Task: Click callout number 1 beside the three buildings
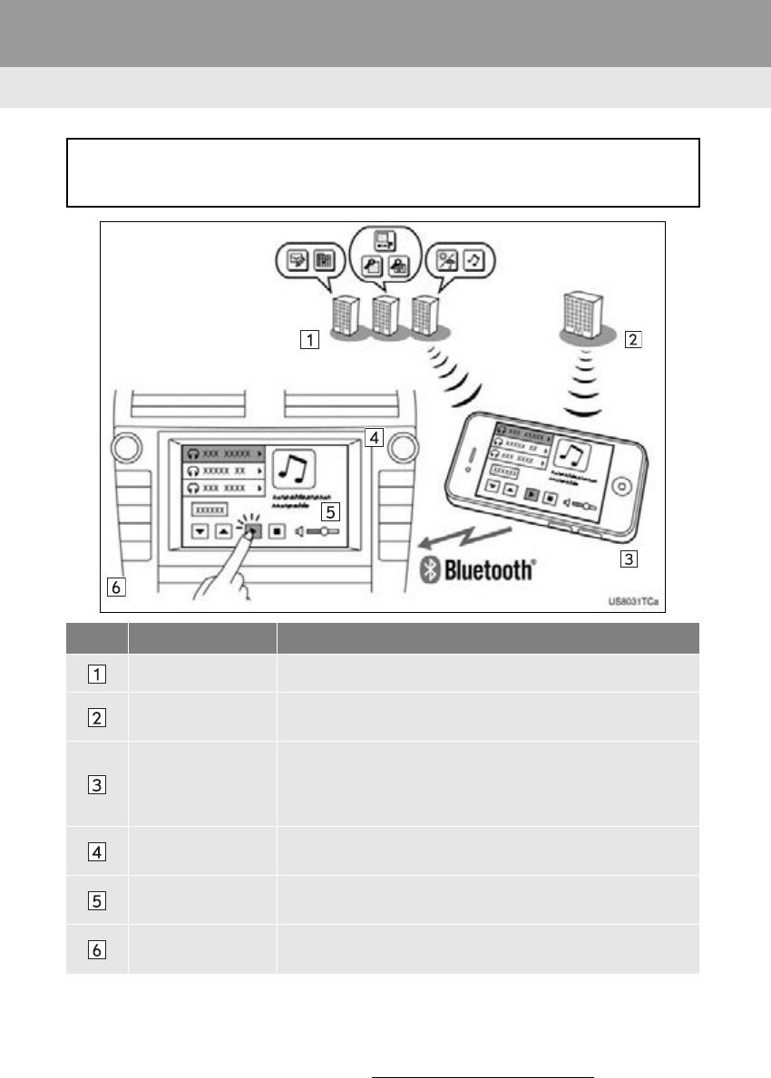[x=310, y=341]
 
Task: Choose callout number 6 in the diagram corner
[x=114, y=588]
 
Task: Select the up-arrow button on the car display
[x=222, y=532]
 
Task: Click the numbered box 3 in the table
[x=97, y=783]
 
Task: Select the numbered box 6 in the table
[x=97, y=949]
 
